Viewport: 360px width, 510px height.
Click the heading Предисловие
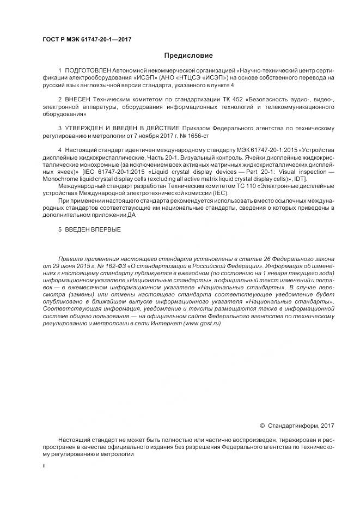click(188, 56)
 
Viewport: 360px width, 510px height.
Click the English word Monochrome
click(60, 179)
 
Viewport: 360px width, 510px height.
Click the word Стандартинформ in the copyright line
click(292, 426)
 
